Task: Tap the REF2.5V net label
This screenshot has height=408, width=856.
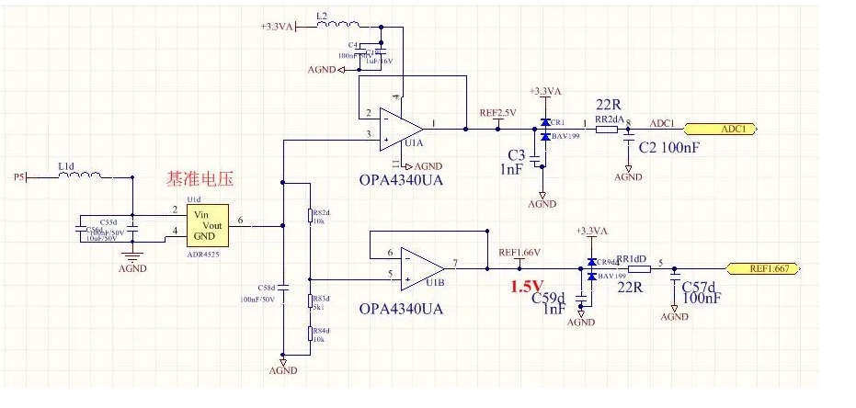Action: [497, 113]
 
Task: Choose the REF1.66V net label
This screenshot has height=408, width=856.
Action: [519, 253]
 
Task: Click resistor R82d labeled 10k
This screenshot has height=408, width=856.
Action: [310, 217]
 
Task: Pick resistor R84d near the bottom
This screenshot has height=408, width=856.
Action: [310, 336]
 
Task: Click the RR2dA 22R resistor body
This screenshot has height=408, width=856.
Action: [606, 130]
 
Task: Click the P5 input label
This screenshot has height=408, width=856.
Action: [20, 176]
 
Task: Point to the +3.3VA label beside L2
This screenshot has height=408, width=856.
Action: [276, 28]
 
